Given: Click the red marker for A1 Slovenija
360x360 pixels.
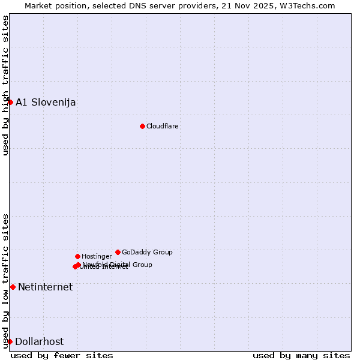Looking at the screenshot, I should coord(10,102).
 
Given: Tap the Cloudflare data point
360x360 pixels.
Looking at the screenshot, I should coord(142,126).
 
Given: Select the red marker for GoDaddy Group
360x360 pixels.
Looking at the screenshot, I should coord(118,252).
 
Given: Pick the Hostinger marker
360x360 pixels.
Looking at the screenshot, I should coord(77,256).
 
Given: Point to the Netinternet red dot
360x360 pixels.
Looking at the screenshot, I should coord(13,287).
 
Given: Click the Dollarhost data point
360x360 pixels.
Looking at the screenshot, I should coord(10,341).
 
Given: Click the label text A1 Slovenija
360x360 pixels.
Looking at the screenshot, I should coord(46,102).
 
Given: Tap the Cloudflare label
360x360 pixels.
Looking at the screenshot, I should coord(163,126).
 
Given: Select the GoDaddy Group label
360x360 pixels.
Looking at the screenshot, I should coord(147,252).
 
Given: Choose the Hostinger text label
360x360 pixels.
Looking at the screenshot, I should coord(97,256).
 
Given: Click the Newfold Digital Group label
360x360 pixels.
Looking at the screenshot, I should coord(118,264).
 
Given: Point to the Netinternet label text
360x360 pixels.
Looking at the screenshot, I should coord(45,287).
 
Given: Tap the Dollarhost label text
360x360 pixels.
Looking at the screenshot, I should coord(39,341).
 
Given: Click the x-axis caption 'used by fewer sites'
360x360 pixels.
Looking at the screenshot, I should coord(62,355).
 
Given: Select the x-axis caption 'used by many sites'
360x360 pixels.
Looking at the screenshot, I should coord(301,355).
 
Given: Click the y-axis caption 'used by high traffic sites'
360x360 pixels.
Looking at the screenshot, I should coord(5,85).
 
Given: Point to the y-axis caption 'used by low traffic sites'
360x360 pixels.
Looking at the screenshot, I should coord(5,281).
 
